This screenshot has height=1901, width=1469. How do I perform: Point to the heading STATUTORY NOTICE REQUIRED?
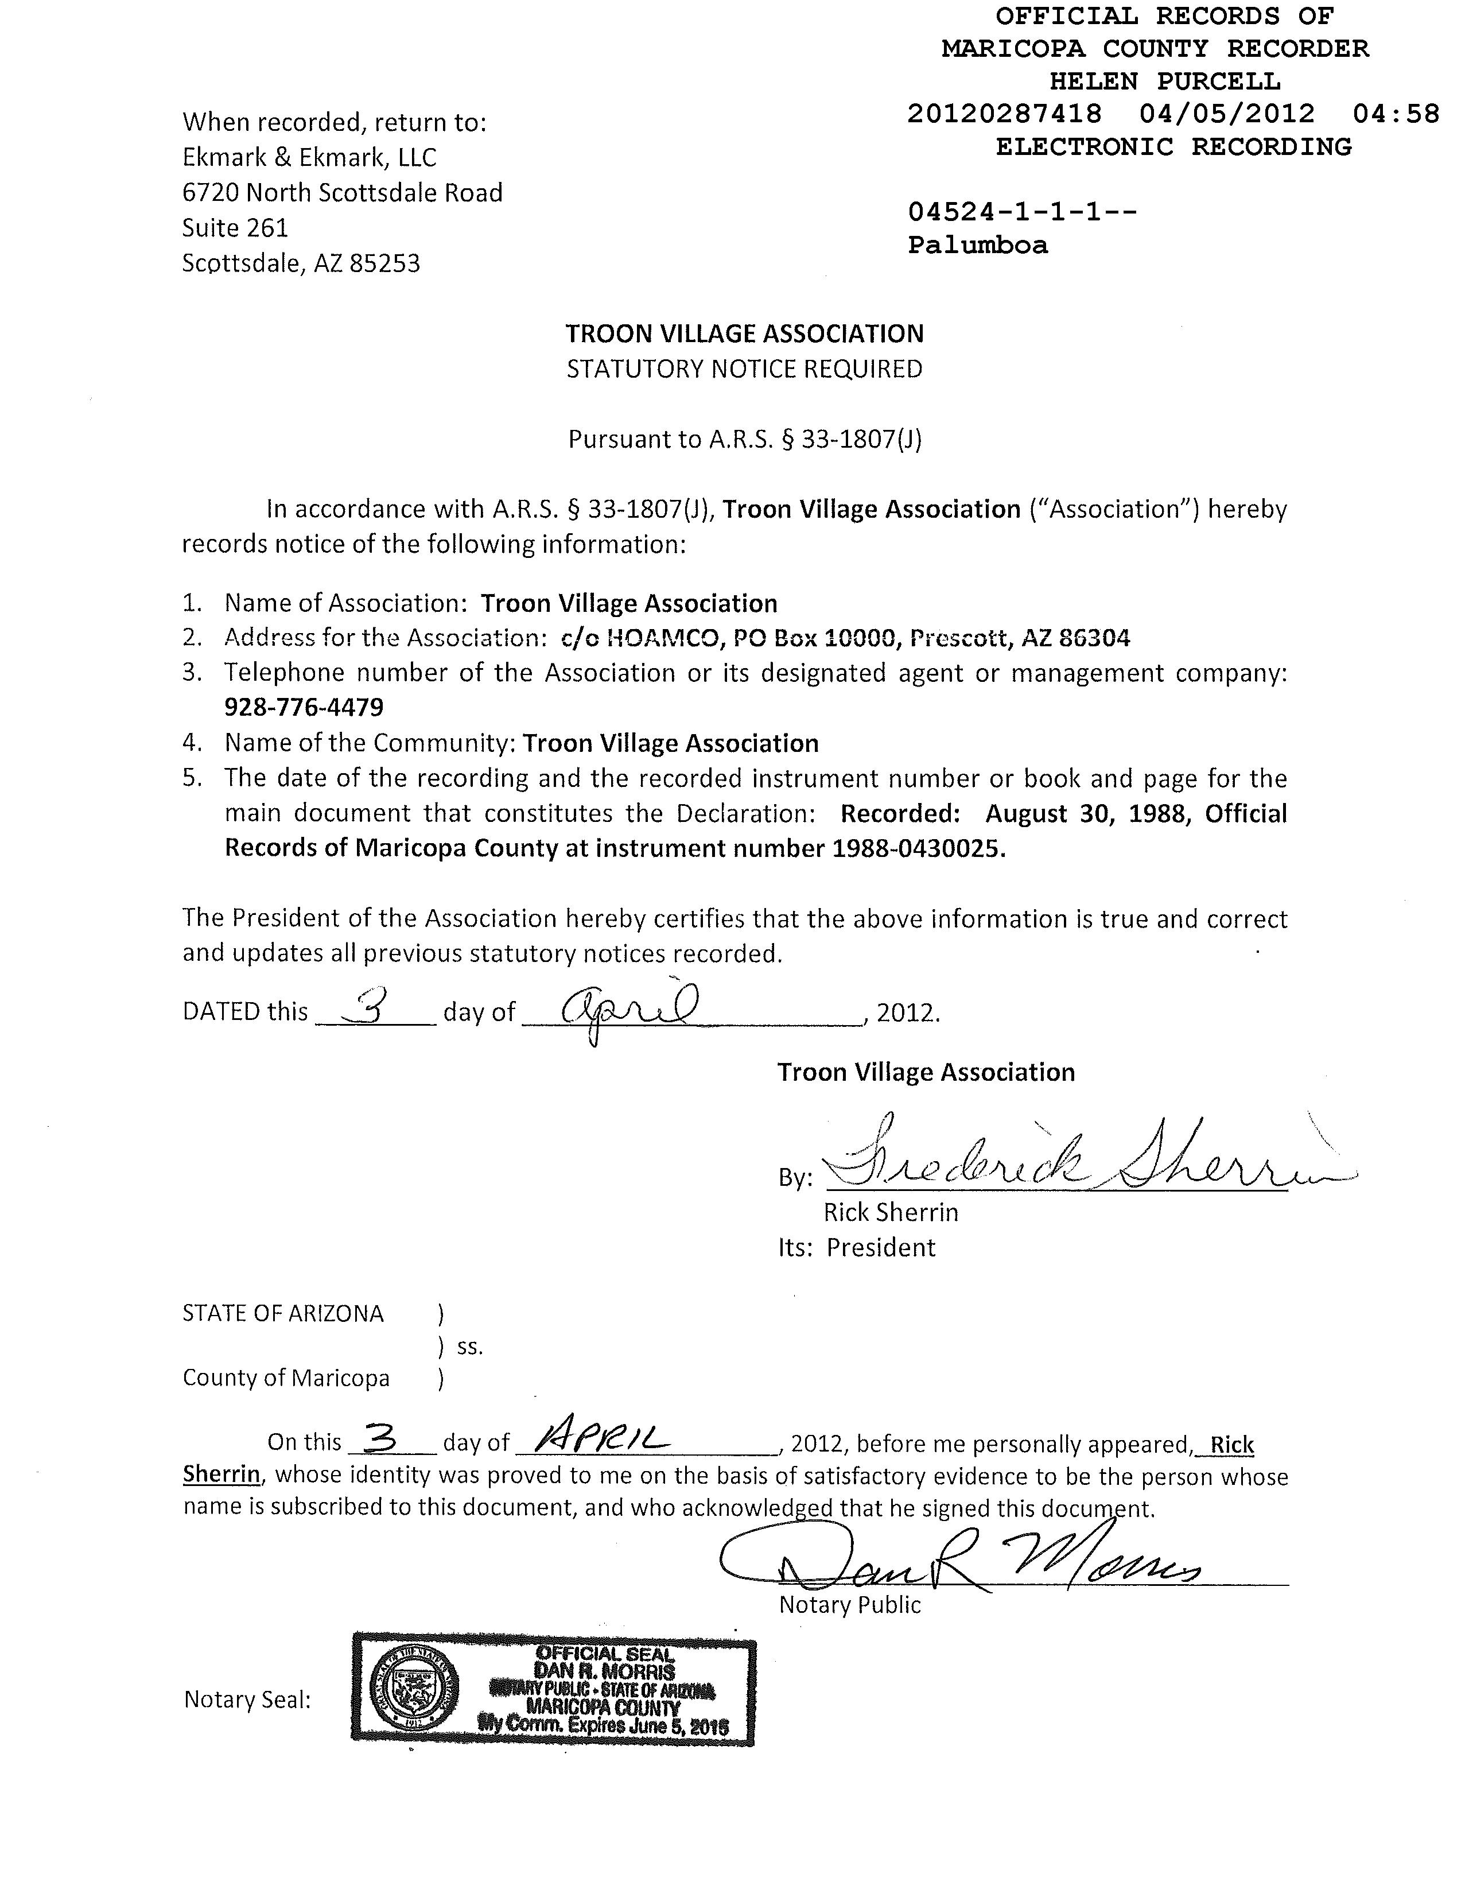click(x=744, y=369)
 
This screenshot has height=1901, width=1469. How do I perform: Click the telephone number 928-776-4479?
click(x=304, y=707)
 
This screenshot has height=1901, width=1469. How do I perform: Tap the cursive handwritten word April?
click(x=627, y=1011)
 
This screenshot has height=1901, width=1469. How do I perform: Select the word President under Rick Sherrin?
click(x=881, y=1247)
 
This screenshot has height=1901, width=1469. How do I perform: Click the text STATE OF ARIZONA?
click(x=283, y=1313)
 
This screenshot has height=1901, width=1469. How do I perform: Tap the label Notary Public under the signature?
click(x=849, y=1604)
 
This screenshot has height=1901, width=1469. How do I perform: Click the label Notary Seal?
click(x=247, y=1700)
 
